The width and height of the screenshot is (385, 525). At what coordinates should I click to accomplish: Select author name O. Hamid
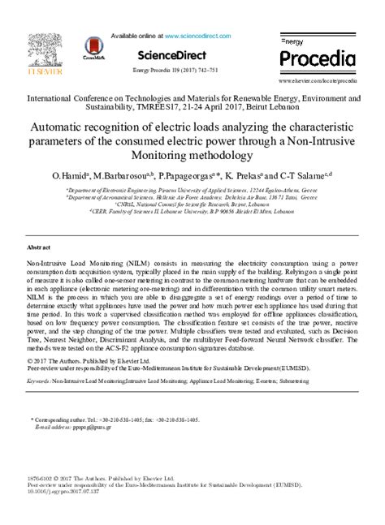69,175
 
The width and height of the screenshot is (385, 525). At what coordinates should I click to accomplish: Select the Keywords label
38,379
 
